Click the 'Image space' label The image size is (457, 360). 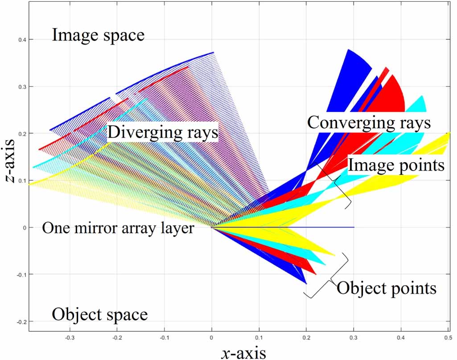(98, 35)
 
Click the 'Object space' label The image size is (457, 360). (99, 315)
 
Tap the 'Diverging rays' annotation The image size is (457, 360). (162, 132)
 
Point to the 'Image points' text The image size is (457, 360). (396, 165)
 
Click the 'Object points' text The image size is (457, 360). (386, 288)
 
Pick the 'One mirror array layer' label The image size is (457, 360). (118, 229)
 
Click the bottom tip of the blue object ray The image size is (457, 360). (306, 283)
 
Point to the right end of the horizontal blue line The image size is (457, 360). (354, 227)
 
